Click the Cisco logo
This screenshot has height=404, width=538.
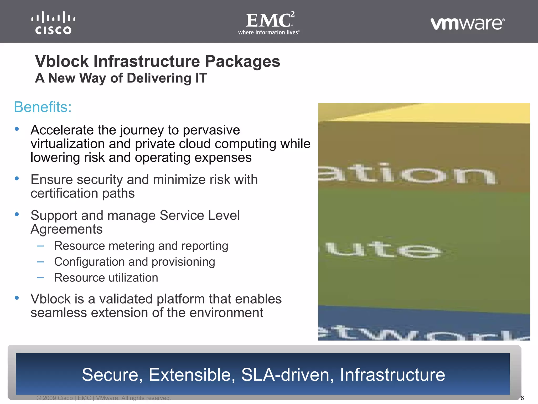coord(53,23)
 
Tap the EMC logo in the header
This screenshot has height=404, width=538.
coord(269,23)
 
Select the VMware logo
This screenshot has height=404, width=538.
coord(467,24)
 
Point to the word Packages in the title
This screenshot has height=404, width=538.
coord(242,62)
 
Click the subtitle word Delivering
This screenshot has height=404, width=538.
coord(159,78)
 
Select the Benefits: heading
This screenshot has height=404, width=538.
coord(43,107)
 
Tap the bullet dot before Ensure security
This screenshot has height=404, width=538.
coord(17,179)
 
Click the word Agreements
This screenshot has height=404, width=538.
coord(66,229)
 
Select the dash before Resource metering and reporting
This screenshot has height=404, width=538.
coord(40,246)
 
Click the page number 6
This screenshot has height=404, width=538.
coord(522,398)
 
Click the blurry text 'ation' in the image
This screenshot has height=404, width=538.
coord(407,174)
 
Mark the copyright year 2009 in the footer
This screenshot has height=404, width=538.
coord(49,398)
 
